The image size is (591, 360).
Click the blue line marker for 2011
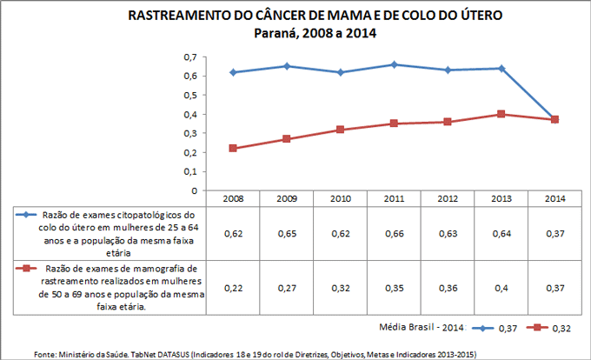tap(394, 64)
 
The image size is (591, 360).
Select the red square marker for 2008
tap(233, 148)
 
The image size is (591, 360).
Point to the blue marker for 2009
tap(287, 66)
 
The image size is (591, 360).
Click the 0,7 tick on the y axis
tap(189, 57)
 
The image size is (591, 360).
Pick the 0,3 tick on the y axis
tap(189, 133)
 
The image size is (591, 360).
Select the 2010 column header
tap(340, 199)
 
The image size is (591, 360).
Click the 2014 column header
tap(554, 199)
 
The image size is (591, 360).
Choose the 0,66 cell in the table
tap(394, 234)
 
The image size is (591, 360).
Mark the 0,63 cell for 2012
tap(448, 234)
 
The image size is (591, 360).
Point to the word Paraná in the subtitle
tap(277, 34)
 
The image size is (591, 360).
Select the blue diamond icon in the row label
tap(25, 214)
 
